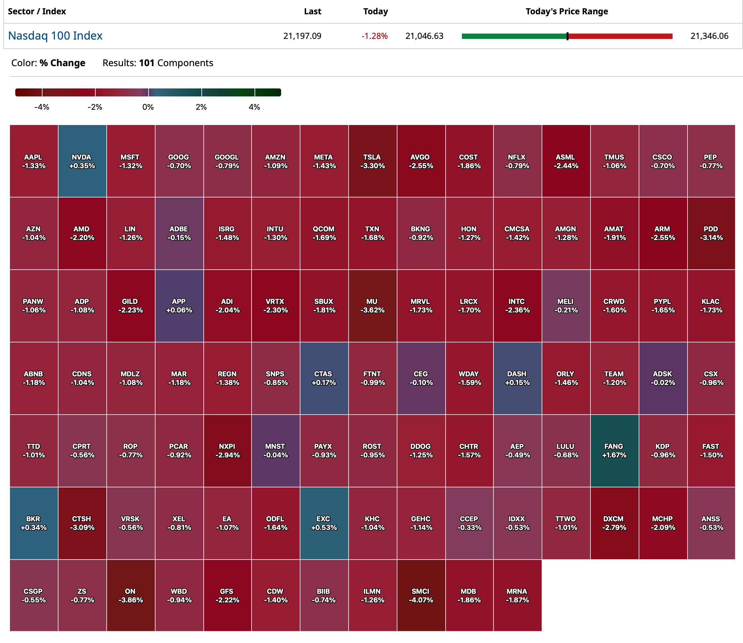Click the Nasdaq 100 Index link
[55, 36]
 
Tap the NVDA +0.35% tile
[82, 161]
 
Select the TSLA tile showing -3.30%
[372, 161]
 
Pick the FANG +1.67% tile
[614, 451]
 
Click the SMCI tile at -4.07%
[421, 595]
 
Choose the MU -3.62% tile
[372, 306]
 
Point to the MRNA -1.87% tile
[517, 595]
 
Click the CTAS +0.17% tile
[324, 378]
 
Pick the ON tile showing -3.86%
[131, 595]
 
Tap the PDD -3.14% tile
[711, 233]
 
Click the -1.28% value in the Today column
[374, 36]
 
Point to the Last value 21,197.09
[302, 36]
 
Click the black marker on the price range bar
[567, 36]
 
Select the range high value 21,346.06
[709, 36]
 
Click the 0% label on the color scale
[148, 107]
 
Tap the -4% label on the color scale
[42, 107]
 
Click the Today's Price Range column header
[567, 12]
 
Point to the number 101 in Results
[147, 63]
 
